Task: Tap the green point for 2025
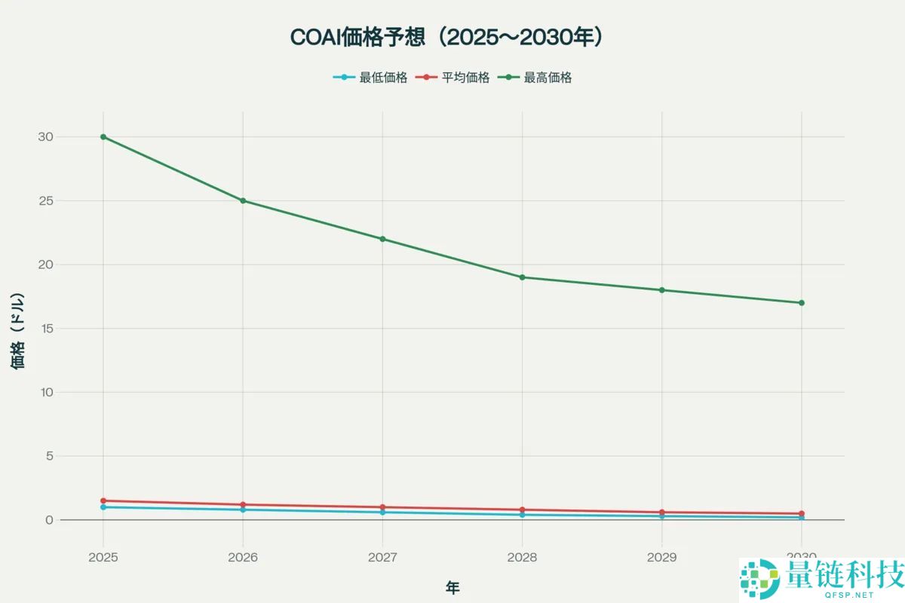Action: coord(103,137)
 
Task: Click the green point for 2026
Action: coord(243,200)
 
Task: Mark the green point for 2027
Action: coord(382,239)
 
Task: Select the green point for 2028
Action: coord(522,277)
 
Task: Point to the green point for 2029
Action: coord(661,290)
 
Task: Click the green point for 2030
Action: coord(801,303)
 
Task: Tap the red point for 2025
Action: coord(103,500)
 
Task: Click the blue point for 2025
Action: coord(103,507)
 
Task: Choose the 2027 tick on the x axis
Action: coord(382,558)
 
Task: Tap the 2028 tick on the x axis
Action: coord(522,558)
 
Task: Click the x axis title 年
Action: coord(452,588)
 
